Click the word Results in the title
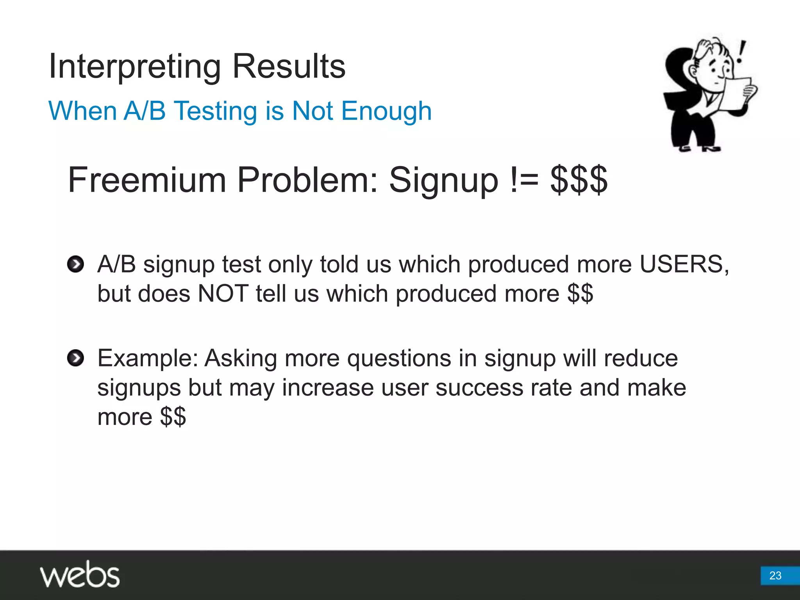click(289, 66)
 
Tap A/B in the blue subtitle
click(145, 111)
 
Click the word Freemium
click(147, 180)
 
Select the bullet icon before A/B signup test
click(75, 264)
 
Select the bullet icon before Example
click(75, 358)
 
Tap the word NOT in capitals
click(223, 294)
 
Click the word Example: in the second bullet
click(148, 358)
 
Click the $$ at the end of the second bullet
click(173, 417)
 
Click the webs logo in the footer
click(80, 574)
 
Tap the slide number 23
click(775, 575)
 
